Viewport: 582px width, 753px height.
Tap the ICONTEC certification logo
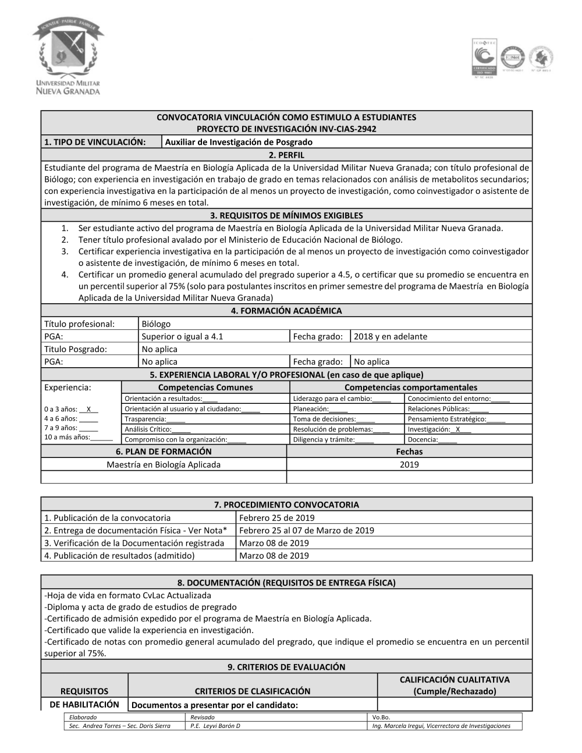pyautogui.click(x=484, y=58)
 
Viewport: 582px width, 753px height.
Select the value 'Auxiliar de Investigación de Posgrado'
pyautogui.click(x=239, y=142)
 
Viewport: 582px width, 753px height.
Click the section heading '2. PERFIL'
pyautogui.click(x=286, y=155)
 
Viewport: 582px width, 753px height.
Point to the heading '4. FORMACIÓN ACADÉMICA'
pyautogui.click(x=286, y=311)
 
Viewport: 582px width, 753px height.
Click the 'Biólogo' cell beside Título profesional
pyautogui.click(x=156, y=324)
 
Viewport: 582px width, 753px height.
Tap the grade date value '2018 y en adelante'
pyautogui.click(x=390, y=336)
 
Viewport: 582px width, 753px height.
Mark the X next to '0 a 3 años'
pyautogui.click(x=88, y=409)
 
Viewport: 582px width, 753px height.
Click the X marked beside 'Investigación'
pyautogui.click(x=458, y=429)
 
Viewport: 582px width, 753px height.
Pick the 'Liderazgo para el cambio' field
pyautogui.click(x=342, y=399)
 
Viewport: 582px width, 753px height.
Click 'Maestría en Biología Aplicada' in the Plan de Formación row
pyautogui.click(x=164, y=464)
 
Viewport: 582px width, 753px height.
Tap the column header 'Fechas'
pyautogui.click(x=409, y=452)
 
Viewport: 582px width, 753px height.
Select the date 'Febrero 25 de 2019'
pyautogui.click(x=276, y=518)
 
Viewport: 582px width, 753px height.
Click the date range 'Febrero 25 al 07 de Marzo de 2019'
pyautogui.click(x=306, y=530)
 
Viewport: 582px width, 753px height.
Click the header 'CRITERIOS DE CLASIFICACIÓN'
pyautogui.click(x=253, y=691)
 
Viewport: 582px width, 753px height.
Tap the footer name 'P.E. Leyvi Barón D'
pyautogui.click(x=215, y=726)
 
